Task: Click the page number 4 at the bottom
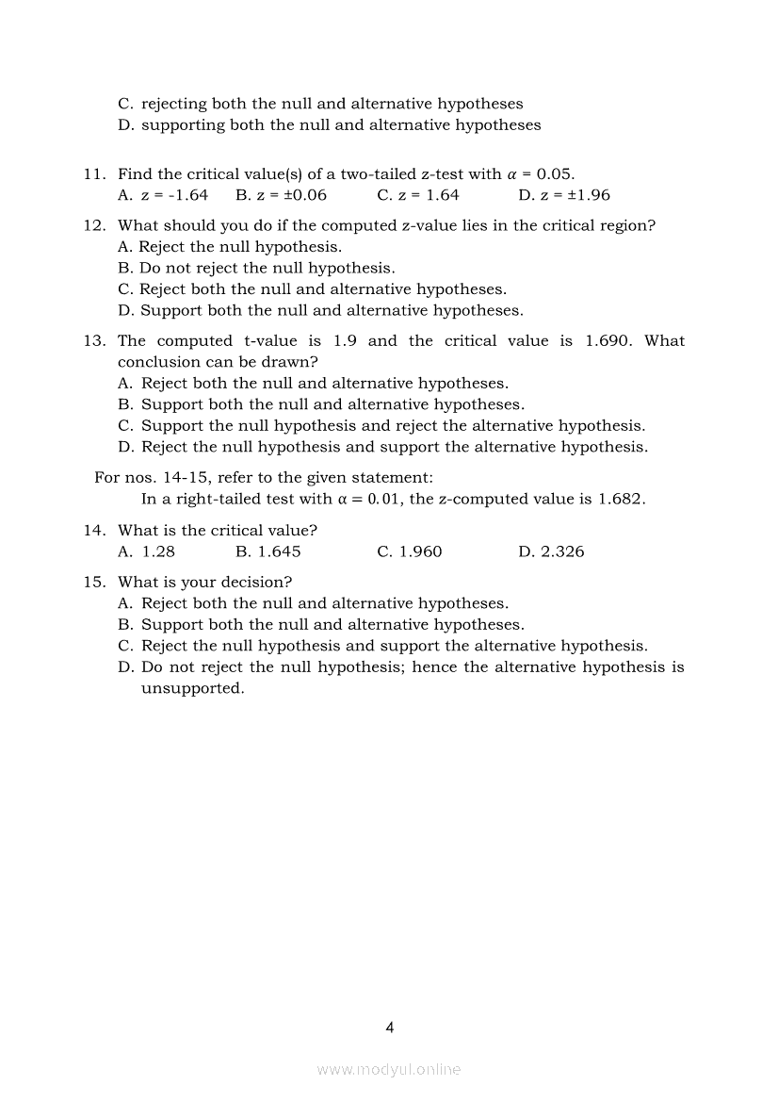click(x=389, y=1028)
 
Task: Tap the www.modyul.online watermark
click(x=389, y=1069)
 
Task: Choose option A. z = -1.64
click(x=163, y=195)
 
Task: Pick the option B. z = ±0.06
click(x=281, y=195)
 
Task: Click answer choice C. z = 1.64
click(x=418, y=195)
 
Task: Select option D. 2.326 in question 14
click(x=551, y=551)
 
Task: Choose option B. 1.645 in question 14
click(x=268, y=551)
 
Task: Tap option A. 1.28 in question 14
click(x=147, y=551)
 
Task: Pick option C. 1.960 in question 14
click(x=410, y=551)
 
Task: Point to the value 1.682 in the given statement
click(x=621, y=499)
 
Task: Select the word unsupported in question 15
click(x=192, y=688)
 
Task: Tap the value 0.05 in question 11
click(x=555, y=173)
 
